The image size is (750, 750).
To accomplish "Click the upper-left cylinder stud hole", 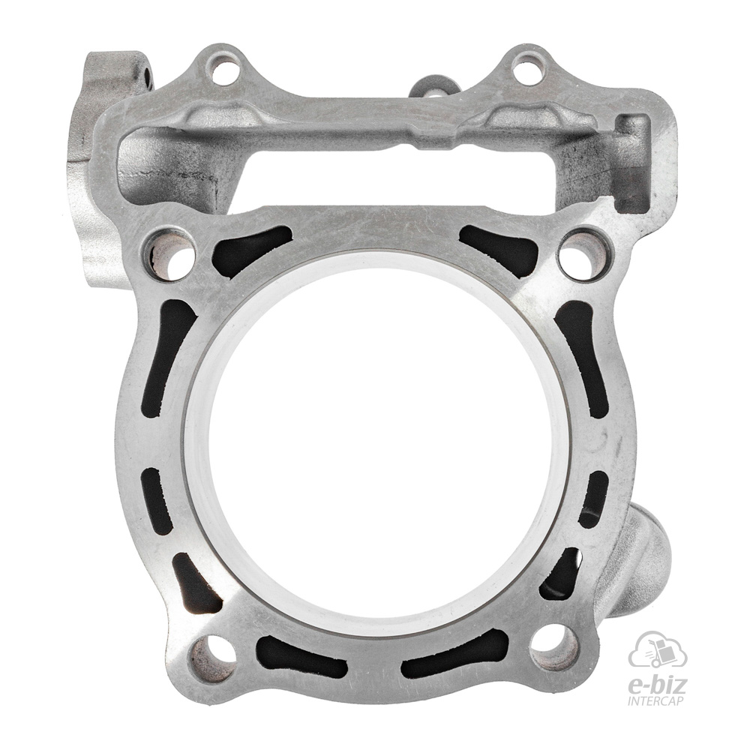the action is pyautogui.click(x=172, y=254).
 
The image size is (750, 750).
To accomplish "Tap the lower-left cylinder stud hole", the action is pyautogui.click(x=213, y=655).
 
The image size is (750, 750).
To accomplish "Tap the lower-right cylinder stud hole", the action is pyautogui.click(x=553, y=646).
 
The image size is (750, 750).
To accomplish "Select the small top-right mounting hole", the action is pyautogui.click(x=526, y=67).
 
